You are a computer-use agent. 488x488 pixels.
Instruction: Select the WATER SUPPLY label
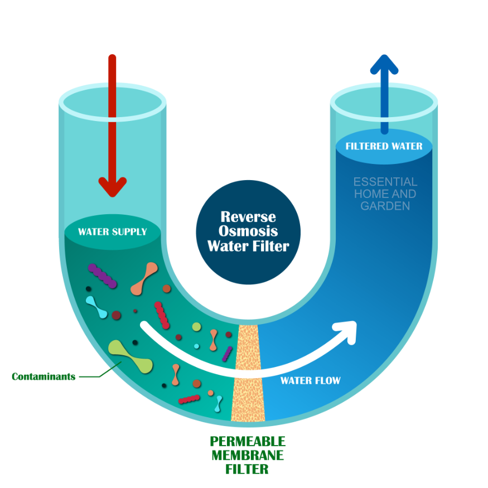tap(112, 232)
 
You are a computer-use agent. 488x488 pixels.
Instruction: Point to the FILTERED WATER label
tap(384, 146)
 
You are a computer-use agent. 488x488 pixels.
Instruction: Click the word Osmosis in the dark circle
tap(248, 231)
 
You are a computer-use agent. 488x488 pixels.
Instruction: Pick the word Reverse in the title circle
tap(248, 216)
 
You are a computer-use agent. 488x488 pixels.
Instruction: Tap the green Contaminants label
tap(44, 376)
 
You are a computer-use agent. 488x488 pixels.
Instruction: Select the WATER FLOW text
tap(310, 380)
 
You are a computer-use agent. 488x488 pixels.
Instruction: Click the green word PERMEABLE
tap(248, 441)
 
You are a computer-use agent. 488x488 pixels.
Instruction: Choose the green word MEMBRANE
tap(248, 455)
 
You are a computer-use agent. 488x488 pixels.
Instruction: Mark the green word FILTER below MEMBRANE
tap(247, 470)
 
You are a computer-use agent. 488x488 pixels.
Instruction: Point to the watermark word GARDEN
tap(385, 206)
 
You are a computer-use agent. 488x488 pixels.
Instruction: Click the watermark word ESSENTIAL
tap(385, 182)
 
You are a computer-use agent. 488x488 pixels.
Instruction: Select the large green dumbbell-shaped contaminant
tap(131, 357)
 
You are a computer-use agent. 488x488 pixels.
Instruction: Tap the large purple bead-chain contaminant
tap(103, 276)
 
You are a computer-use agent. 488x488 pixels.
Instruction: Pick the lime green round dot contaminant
tap(196, 327)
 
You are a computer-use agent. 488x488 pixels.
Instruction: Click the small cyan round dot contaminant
tap(196, 346)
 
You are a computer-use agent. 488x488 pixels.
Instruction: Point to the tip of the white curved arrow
tap(356, 322)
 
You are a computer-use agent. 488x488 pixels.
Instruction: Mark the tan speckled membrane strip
tap(248, 373)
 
